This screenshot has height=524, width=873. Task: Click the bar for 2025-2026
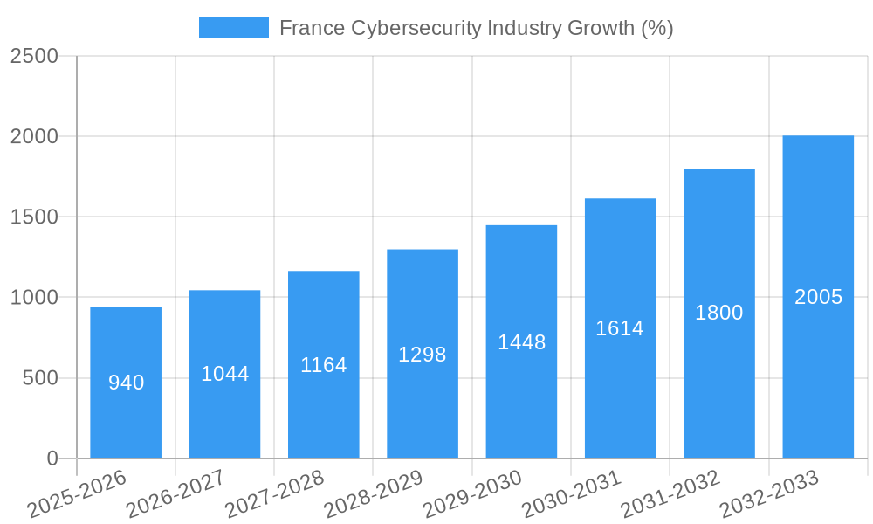[x=126, y=383]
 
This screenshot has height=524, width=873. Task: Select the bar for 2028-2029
[x=423, y=354]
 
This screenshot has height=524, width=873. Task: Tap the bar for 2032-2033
[x=818, y=297]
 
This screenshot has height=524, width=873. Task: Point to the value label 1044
[x=225, y=374]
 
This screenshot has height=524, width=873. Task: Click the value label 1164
[x=324, y=365]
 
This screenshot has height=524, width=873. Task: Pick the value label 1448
[x=522, y=342]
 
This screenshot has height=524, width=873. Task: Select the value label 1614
[x=620, y=328]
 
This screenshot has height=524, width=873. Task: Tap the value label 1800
[x=719, y=313]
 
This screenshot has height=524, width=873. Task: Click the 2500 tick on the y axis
[x=34, y=56]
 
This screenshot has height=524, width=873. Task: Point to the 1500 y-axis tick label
[x=34, y=217]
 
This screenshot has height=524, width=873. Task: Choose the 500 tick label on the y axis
[x=41, y=378]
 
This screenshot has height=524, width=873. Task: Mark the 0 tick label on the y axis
[x=52, y=458]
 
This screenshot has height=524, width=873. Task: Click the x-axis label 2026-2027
[x=175, y=494]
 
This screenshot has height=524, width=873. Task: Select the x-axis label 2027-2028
[x=275, y=494]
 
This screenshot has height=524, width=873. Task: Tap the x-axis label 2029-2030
[x=472, y=494]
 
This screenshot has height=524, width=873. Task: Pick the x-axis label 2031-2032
[x=670, y=494]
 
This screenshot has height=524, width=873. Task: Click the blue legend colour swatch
[x=234, y=28]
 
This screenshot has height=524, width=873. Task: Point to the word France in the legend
[x=312, y=28]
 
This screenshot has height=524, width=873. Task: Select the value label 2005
[x=819, y=297]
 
